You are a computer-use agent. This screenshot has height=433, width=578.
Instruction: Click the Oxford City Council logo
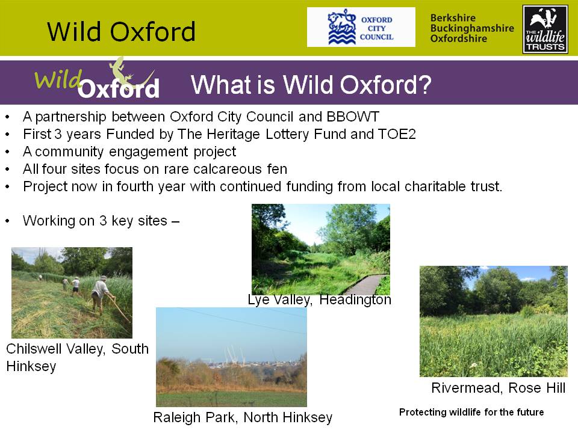(x=361, y=27)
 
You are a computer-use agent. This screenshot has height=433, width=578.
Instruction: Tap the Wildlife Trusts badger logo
(x=545, y=29)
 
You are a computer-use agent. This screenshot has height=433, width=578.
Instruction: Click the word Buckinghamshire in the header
(x=472, y=28)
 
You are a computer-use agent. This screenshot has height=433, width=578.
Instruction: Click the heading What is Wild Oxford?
(x=311, y=85)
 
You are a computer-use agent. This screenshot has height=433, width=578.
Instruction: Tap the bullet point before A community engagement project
(x=7, y=152)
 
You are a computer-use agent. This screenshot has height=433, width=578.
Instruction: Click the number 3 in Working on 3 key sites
(x=103, y=221)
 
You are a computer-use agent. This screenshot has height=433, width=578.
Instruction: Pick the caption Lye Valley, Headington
(x=319, y=299)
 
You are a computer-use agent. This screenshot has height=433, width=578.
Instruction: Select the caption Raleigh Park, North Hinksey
(x=243, y=417)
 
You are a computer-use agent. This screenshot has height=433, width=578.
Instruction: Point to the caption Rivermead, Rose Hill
(x=499, y=388)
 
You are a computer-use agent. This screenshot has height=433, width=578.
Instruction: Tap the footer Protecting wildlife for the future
(x=471, y=412)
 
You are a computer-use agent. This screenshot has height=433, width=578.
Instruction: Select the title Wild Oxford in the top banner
(x=121, y=31)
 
